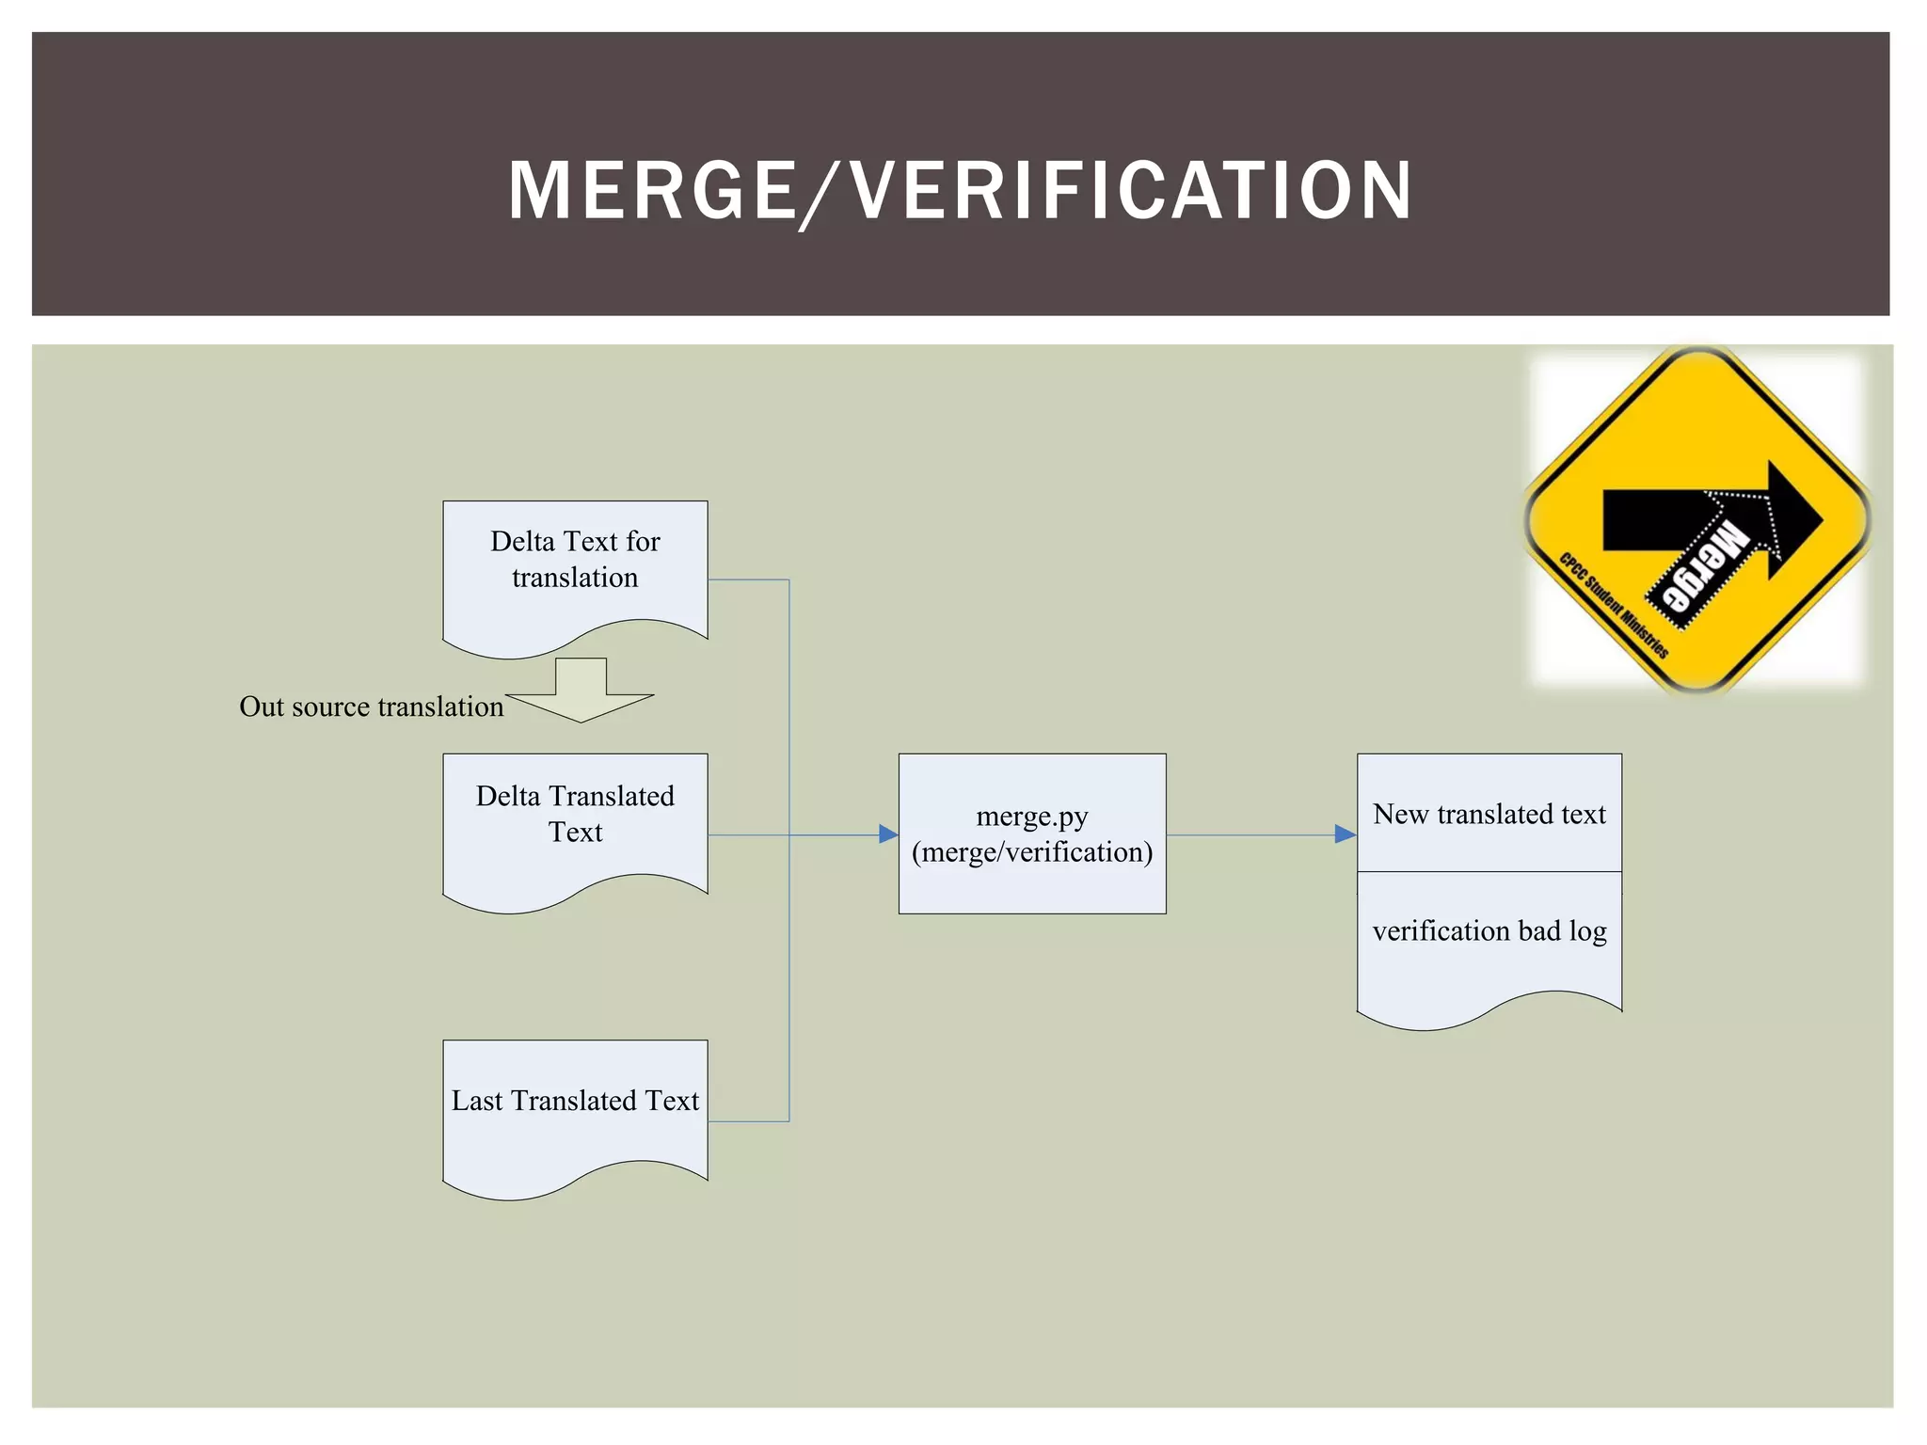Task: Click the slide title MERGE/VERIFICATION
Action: [960, 191]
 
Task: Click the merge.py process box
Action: [1032, 834]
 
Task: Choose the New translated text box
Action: [1489, 813]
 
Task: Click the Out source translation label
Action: [372, 707]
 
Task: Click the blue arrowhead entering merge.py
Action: [887, 834]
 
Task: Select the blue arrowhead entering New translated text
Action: [1345, 834]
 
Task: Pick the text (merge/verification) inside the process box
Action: [1032, 852]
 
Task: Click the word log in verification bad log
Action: [1587, 931]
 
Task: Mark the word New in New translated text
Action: [1401, 814]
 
